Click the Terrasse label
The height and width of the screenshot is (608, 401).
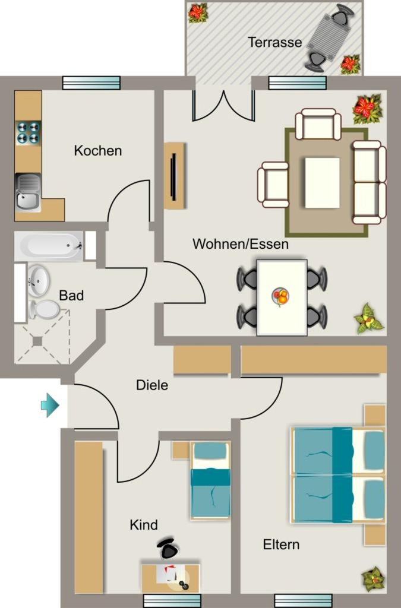[x=274, y=42]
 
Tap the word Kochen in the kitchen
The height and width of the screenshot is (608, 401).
[x=98, y=150]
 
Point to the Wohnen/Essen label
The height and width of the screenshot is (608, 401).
[x=241, y=244]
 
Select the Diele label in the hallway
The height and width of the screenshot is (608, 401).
[x=152, y=385]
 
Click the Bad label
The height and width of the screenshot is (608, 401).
[x=71, y=296]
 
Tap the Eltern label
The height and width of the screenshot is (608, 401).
[x=281, y=544]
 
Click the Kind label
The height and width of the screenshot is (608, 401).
[x=144, y=525]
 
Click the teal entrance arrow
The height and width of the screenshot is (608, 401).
[x=50, y=405]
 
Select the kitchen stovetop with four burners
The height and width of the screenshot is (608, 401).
[x=28, y=132]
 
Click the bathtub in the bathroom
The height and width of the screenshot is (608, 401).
[x=49, y=246]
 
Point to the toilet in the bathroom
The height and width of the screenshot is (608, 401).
[x=44, y=309]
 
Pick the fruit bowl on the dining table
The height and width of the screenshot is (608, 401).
[x=281, y=297]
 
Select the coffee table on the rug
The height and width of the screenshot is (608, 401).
[x=322, y=183]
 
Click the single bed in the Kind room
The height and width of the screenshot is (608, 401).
[x=210, y=480]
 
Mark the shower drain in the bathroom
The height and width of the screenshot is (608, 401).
[x=37, y=341]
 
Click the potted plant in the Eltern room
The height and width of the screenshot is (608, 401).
[x=372, y=579]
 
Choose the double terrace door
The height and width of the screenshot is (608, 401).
[x=224, y=106]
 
